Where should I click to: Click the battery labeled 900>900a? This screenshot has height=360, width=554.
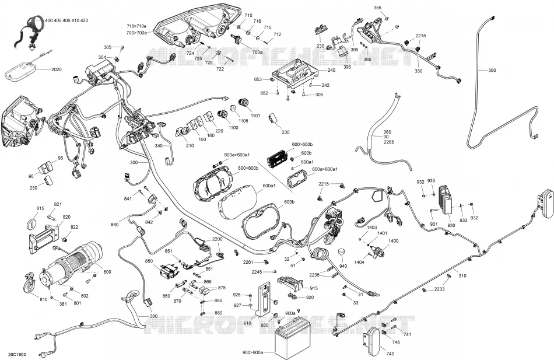tap(293, 341)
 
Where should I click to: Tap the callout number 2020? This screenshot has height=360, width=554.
tap(57, 69)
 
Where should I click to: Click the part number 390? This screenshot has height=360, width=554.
tap(492, 71)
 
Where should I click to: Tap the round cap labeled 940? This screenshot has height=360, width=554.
tap(342, 253)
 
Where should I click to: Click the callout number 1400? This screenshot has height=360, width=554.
tap(393, 241)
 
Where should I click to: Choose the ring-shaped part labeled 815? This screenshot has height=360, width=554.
tap(32, 223)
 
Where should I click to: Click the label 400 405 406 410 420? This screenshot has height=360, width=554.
tap(66, 20)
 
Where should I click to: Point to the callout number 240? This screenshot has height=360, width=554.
tap(331, 70)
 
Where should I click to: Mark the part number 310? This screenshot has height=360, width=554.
tap(462, 276)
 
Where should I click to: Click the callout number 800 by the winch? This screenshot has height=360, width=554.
tap(107, 271)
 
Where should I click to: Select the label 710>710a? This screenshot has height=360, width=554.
tap(136, 26)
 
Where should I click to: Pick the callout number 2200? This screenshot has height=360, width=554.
tap(218, 239)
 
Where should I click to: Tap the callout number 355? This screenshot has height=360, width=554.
tap(377, 8)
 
